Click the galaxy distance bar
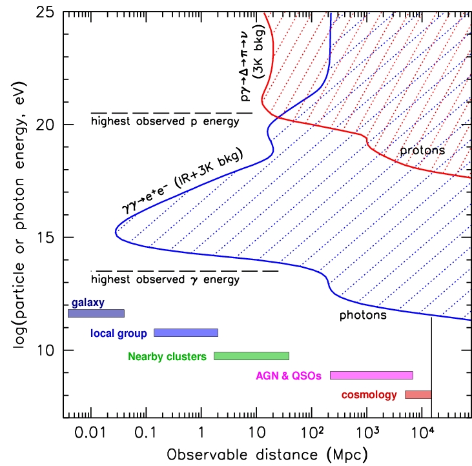coord(96,314)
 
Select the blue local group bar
coord(186,332)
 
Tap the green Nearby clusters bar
coord(251,356)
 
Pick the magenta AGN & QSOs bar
coord(371,375)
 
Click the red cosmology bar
coord(418,394)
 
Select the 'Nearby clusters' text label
coord(167,356)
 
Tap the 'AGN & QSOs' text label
coord(289,376)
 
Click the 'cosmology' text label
coord(369,395)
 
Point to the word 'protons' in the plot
coord(422,150)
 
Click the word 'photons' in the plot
coord(363,316)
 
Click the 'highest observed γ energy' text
coord(165,280)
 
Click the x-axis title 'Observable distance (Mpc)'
coord(267,453)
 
